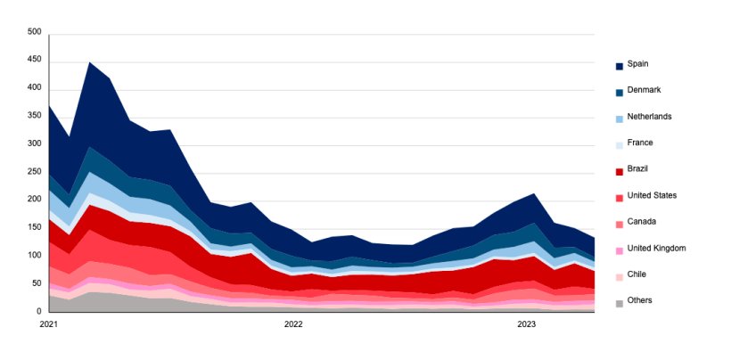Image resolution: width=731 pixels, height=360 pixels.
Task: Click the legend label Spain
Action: (x=637, y=64)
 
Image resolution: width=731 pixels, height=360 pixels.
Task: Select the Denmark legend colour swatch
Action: (x=620, y=93)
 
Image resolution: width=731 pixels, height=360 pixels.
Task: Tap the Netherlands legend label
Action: (x=649, y=117)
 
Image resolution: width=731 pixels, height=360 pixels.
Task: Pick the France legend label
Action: (x=640, y=143)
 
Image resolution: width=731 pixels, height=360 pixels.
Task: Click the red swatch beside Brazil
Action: (x=620, y=171)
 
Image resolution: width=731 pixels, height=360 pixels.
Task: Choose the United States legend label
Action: (x=652, y=195)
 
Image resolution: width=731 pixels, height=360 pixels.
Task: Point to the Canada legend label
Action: (x=642, y=222)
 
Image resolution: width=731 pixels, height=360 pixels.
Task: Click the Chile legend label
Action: (x=637, y=274)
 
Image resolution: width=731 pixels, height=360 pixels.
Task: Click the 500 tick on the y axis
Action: (x=35, y=32)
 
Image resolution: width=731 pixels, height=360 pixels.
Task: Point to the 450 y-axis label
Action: (x=35, y=61)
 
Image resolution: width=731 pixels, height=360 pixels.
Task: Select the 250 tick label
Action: (x=35, y=172)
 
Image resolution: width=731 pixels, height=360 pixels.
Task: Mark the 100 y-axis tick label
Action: (x=35, y=256)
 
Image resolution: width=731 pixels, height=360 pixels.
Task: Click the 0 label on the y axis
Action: (x=39, y=311)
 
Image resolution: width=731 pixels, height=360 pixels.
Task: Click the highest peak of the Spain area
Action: (x=90, y=63)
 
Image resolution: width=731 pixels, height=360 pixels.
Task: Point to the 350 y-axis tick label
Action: (x=35, y=116)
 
